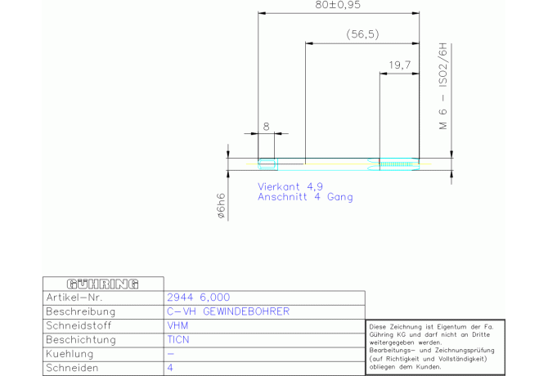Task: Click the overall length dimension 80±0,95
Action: [x=338, y=5]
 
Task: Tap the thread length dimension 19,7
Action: [x=399, y=65]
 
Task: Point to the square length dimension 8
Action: [x=267, y=127]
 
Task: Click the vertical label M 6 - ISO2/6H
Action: [x=442, y=86]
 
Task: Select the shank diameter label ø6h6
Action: [x=221, y=206]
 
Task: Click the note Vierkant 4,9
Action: [x=290, y=187]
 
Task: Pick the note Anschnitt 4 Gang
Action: [x=305, y=197]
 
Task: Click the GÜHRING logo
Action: [x=103, y=284]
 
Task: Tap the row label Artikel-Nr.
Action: [x=74, y=298]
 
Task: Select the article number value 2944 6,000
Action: [x=198, y=298]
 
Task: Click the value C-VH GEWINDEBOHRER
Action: [x=228, y=311]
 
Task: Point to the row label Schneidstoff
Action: [x=79, y=325]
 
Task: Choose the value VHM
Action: [x=177, y=325]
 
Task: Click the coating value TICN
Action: [x=177, y=340]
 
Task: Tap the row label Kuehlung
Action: [x=70, y=354]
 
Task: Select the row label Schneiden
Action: [x=72, y=368]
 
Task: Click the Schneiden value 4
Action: [x=170, y=368]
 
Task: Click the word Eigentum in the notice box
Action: [x=451, y=327]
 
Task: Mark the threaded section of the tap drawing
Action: [x=399, y=164]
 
